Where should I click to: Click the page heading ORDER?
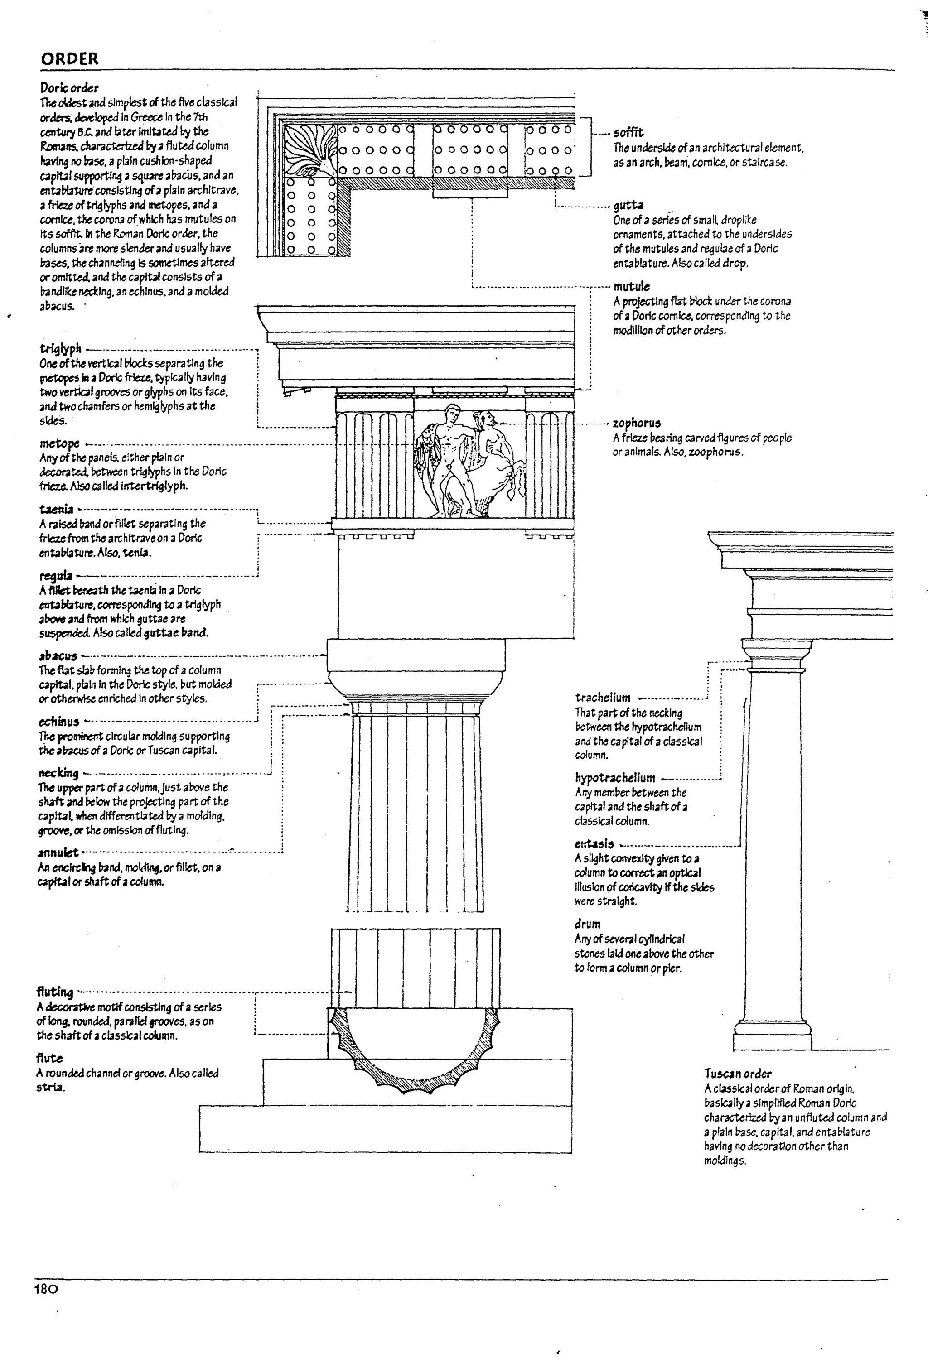click(69, 58)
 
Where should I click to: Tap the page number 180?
click(46, 1289)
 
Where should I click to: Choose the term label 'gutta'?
click(628, 205)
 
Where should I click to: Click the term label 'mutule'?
click(631, 286)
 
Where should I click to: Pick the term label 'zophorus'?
click(637, 423)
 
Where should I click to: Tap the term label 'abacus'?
click(58, 656)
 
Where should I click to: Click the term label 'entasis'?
click(594, 844)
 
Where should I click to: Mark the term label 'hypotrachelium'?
click(615, 778)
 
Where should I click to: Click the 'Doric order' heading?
click(69, 88)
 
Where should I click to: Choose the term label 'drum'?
click(587, 925)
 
